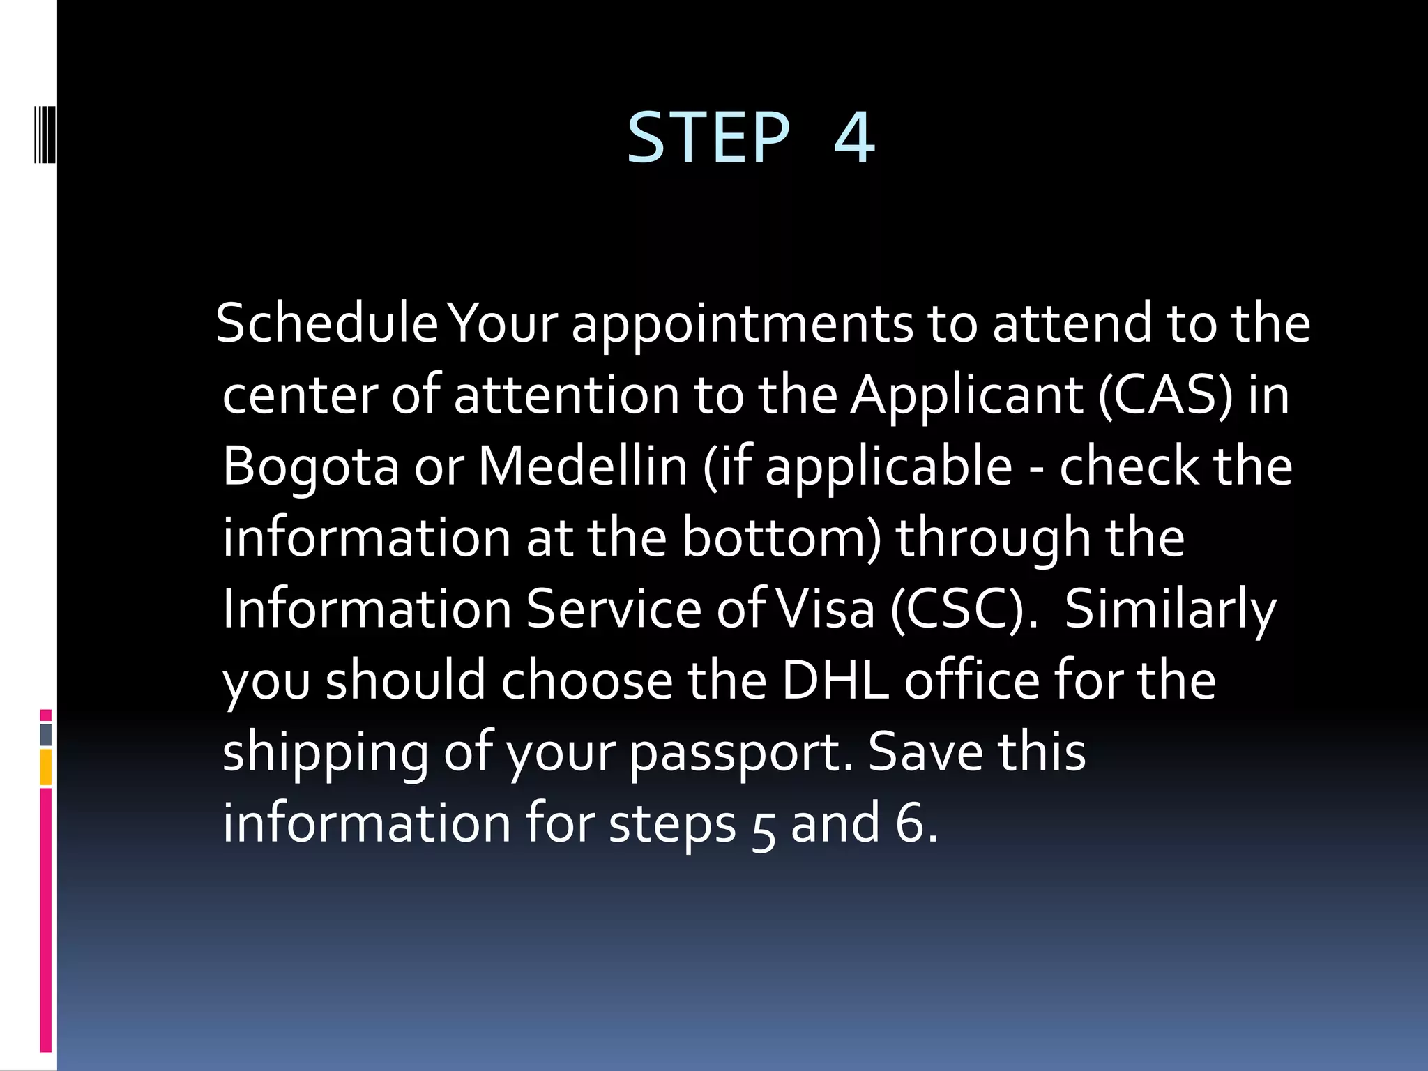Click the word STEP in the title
[x=708, y=137]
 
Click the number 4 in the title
[x=854, y=137]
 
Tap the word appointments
[x=742, y=324]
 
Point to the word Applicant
[x=966, y=395]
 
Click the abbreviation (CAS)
[x=1165, y=395]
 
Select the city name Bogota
[x=310, y=467]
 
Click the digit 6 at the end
[x=909, y=824]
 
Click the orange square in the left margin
[x=46, y=767]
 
